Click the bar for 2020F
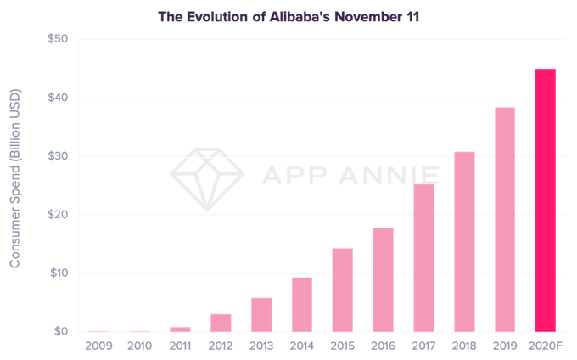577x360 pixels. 545,199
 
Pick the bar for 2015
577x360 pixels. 342,288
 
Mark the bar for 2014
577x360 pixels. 301,303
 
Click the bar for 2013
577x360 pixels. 261,313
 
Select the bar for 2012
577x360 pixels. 221,321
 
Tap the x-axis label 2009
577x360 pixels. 98,346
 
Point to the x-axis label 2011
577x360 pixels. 180,346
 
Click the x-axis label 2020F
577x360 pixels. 545,346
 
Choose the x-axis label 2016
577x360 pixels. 383,346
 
